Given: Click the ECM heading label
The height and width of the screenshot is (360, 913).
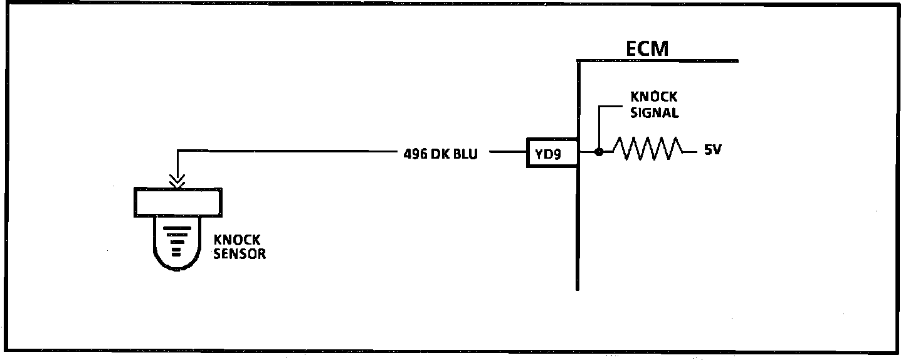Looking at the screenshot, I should point(648,48).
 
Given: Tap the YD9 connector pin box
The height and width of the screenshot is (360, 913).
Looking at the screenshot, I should point(551,152).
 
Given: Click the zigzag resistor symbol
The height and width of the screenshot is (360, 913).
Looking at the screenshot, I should point(648,149).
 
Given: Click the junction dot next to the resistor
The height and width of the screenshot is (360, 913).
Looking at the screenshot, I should point(599,152).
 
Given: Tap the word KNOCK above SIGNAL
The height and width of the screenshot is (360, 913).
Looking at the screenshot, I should point(653,97).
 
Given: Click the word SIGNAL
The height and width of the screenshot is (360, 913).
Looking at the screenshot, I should point(654,114).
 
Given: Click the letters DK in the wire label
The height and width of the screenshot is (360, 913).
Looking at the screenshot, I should point(443,153).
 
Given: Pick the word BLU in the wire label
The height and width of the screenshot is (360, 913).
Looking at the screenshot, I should point(467,153).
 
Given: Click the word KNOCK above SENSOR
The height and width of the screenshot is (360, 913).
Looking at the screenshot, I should point(238,240).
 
